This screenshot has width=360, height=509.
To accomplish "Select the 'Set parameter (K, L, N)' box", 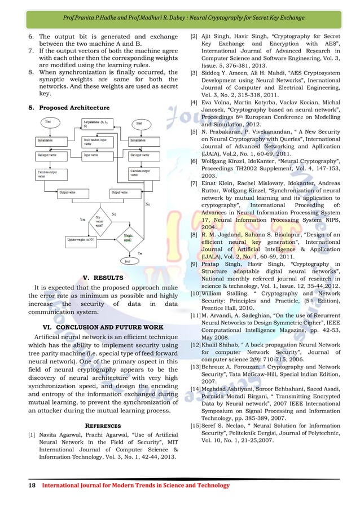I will pyautogui.click(x=98, y=124).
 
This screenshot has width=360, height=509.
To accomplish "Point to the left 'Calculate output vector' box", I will pyautogui.click(x=51, y=173).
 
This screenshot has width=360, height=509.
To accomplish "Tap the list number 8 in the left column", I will pyautogui.click(x=31, y=72).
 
